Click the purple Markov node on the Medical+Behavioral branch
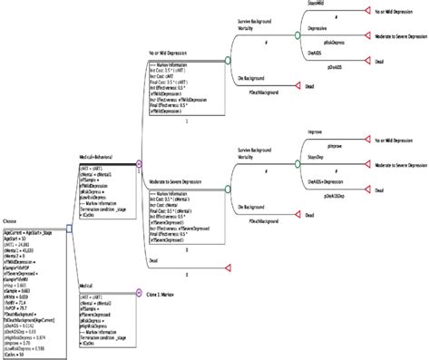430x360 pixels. [x=139, y=164]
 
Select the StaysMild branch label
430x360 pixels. [x=333, y=5]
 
